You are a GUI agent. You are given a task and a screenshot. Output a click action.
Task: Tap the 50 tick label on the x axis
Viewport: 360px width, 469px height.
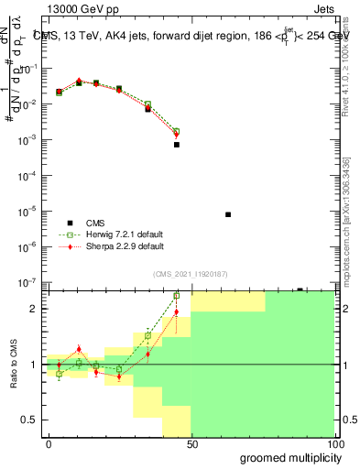pyautogui.click(x=191, y=444)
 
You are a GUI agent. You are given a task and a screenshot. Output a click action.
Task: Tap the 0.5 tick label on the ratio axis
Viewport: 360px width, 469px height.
pyautogui.click(x=28, y=420)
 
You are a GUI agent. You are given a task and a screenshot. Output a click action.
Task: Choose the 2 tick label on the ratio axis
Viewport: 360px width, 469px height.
pyautogui.click(x=34, y=309)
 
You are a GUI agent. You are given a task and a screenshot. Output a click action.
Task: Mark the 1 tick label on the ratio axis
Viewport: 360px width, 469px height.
pyautogui.click(x=34, y=365)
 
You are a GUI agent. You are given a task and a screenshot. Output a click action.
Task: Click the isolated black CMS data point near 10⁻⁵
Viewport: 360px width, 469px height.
pyautogui.click(x=228, y=214)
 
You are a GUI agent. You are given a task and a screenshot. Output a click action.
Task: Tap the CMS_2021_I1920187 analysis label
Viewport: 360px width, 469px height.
pyautogui.click(x=190, y=274)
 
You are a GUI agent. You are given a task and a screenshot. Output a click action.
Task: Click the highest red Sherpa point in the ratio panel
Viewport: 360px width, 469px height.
pyautogui.click(x=176, y=312)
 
